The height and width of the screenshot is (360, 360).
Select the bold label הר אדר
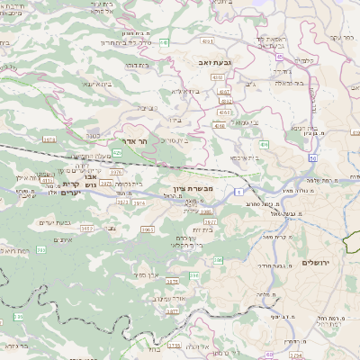[x=133, y=141]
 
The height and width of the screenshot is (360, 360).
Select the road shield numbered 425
[x=118, y=153]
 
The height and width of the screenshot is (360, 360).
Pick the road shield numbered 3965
[x=148, y=229]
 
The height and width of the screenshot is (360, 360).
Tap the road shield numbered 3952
[x=87, y=229]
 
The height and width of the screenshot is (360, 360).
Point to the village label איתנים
[x=63, y=240]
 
